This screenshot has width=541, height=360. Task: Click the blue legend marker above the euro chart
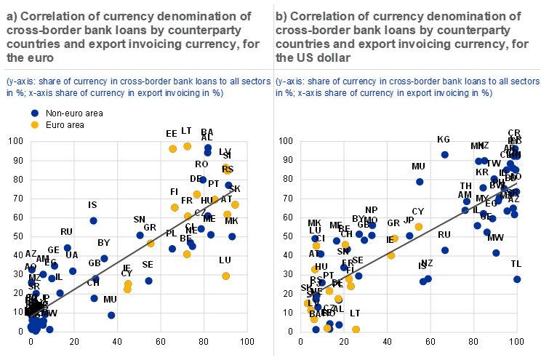point(34,113)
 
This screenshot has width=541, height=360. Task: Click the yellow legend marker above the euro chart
point(34,124)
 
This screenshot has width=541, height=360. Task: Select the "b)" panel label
point(282,16)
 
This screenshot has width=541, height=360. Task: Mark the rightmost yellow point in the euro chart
point(235,204)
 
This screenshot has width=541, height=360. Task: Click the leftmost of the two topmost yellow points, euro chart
point(172,148)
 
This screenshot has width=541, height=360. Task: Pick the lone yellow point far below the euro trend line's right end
point(225,276)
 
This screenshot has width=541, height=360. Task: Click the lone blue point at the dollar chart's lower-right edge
point(517,279)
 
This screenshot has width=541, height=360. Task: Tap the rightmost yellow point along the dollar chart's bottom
point(356,329)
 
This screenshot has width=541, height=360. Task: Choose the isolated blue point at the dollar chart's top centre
point(444,154)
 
